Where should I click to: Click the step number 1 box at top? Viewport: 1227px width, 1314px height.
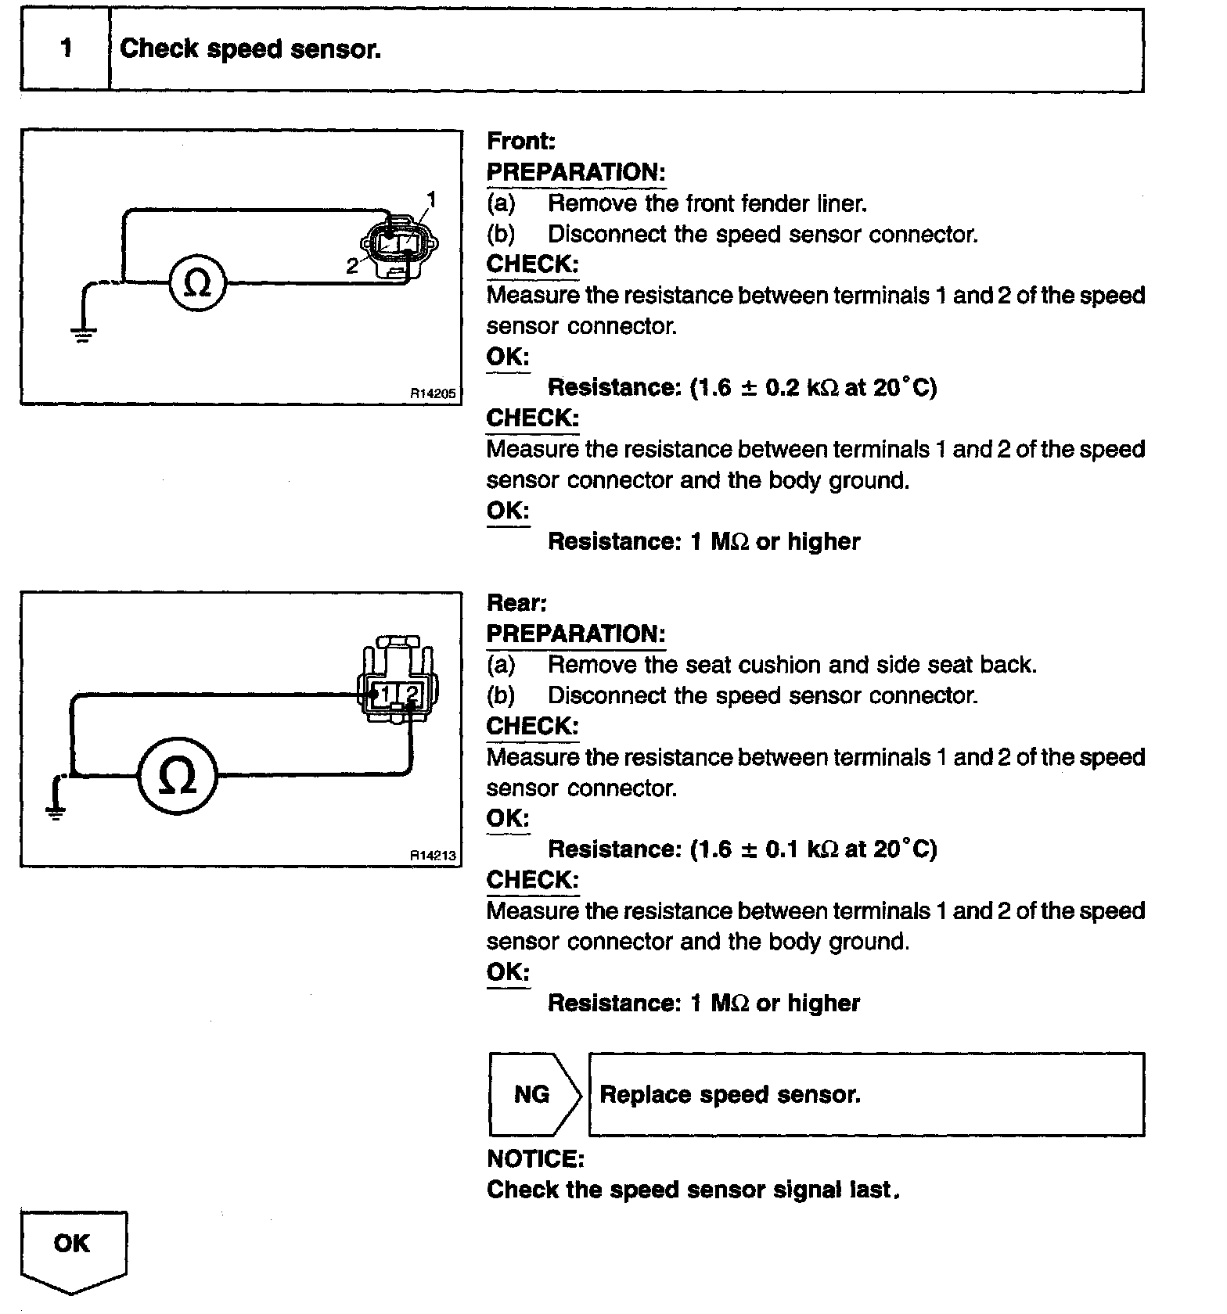click(x=66, y=49)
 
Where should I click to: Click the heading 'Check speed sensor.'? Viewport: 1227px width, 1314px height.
click(x=250, y=49)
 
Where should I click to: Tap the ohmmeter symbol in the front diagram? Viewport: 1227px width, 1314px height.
click(x=197, y=282)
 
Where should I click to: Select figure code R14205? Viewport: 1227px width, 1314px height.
click(x=433, y=394)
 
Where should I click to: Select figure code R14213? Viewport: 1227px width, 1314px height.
click(x=433, y=856)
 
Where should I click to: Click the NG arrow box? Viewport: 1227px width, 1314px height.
click(x=533, y=1094)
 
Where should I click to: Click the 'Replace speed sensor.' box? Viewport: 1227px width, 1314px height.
click(x=865, y=1094)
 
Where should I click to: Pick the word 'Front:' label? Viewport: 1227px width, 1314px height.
click(x=521, y=142)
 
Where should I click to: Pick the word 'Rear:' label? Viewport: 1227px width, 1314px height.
click(x=516, y=603)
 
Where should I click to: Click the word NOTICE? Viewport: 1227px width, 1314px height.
click(x=535, y=1158)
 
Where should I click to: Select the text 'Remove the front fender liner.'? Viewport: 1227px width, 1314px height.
click(x=707, y=203)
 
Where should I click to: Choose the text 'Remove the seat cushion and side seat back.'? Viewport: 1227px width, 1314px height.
click(x=792, y=665)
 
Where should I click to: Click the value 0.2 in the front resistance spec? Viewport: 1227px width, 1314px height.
click(x=782, y=387)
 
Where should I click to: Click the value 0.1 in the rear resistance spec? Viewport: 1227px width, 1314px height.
click(x=782, y=849)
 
